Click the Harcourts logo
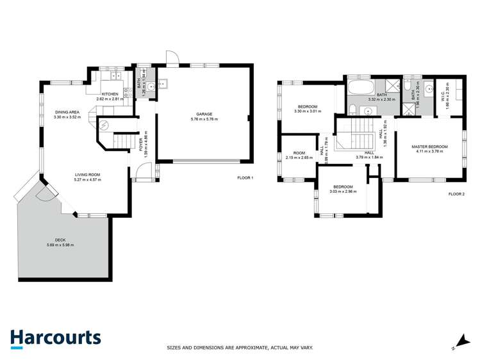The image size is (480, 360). click(x=55, y=338)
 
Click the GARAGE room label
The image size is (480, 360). click(x=204, y=115)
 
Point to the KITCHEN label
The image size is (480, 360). click(x=110, y=94)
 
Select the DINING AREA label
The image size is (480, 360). click(x=67, y=112)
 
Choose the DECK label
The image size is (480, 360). click(x=60, y=240)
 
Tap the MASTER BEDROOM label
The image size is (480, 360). click(x=429, y=147)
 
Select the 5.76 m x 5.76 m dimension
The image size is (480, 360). click(x=204, y=120)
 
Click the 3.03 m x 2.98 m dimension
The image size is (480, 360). click(x=343, y=192)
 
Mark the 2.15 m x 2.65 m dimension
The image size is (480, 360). click(x=299, y=157)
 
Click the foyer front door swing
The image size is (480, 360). click(x=146, y=172)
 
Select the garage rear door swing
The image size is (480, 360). click(x=170, y=58)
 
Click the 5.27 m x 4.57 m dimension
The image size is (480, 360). click(x=88, y=179)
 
